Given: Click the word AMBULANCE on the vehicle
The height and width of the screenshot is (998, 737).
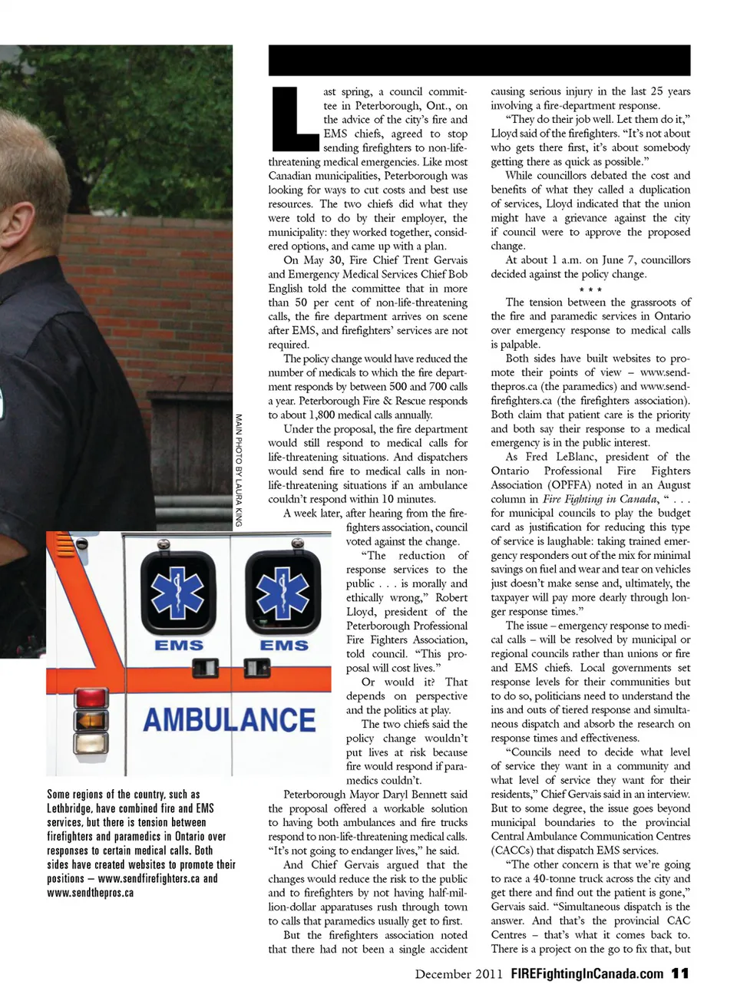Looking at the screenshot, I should [x=230, y=720].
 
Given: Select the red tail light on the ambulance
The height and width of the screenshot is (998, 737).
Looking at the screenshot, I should [x=90, y=699].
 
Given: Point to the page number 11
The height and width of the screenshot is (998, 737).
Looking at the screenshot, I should [x=679, y=973].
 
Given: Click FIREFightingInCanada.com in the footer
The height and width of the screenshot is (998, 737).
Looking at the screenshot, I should [x=587, y=973].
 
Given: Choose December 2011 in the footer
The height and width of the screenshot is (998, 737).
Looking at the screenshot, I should [x=459, y=973].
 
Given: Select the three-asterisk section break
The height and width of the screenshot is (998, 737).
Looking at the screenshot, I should [x=590, y=289].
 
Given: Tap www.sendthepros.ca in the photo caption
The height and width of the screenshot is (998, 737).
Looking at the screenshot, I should [x=91, y=893].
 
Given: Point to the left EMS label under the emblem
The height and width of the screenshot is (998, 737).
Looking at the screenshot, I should [x=178, y=646].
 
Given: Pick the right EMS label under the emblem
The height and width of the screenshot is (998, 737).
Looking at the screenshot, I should [x=283, y=646].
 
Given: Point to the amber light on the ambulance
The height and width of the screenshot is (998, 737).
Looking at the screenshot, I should [x=90, y=744].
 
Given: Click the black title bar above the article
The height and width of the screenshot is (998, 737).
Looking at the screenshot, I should [x=479, y=60].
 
